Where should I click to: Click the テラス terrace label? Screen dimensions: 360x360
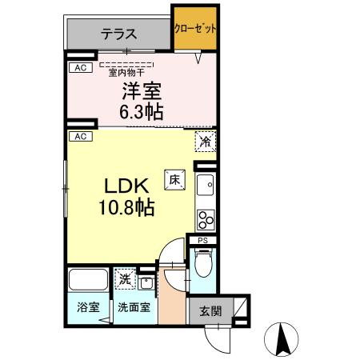click(118, 34)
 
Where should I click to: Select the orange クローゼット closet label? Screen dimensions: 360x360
click(195, 28)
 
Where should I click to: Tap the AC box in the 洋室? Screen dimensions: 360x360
click(80, 68)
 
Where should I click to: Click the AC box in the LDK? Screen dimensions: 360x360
click(80, 137)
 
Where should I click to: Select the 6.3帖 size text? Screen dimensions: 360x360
click(142, 111)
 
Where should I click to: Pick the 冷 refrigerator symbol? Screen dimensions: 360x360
click(205, 142)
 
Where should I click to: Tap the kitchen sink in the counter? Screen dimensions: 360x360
click(206, 186)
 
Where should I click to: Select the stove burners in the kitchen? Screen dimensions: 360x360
click(206, 218)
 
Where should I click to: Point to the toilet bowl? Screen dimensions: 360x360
click(202, 262)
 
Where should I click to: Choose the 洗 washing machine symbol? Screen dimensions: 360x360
click(125, 279)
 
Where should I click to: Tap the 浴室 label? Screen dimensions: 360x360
click(87, 306)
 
